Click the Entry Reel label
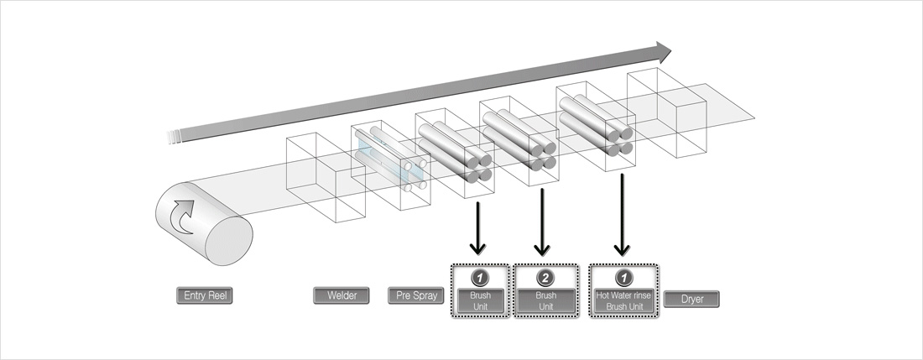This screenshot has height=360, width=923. pyautogui.click(x=202, y=295)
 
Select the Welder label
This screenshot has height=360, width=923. pyautogui.click(x=341, y=295)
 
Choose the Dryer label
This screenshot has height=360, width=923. pyautogui.click(x=691, y=299)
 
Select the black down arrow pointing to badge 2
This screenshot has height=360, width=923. pyautogui.click(x=542, y=222)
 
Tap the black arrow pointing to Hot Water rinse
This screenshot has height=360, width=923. pyautogui.click(x=621, y=215)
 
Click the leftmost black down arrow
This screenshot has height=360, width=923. pyautogui.click(x=477, y=227)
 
